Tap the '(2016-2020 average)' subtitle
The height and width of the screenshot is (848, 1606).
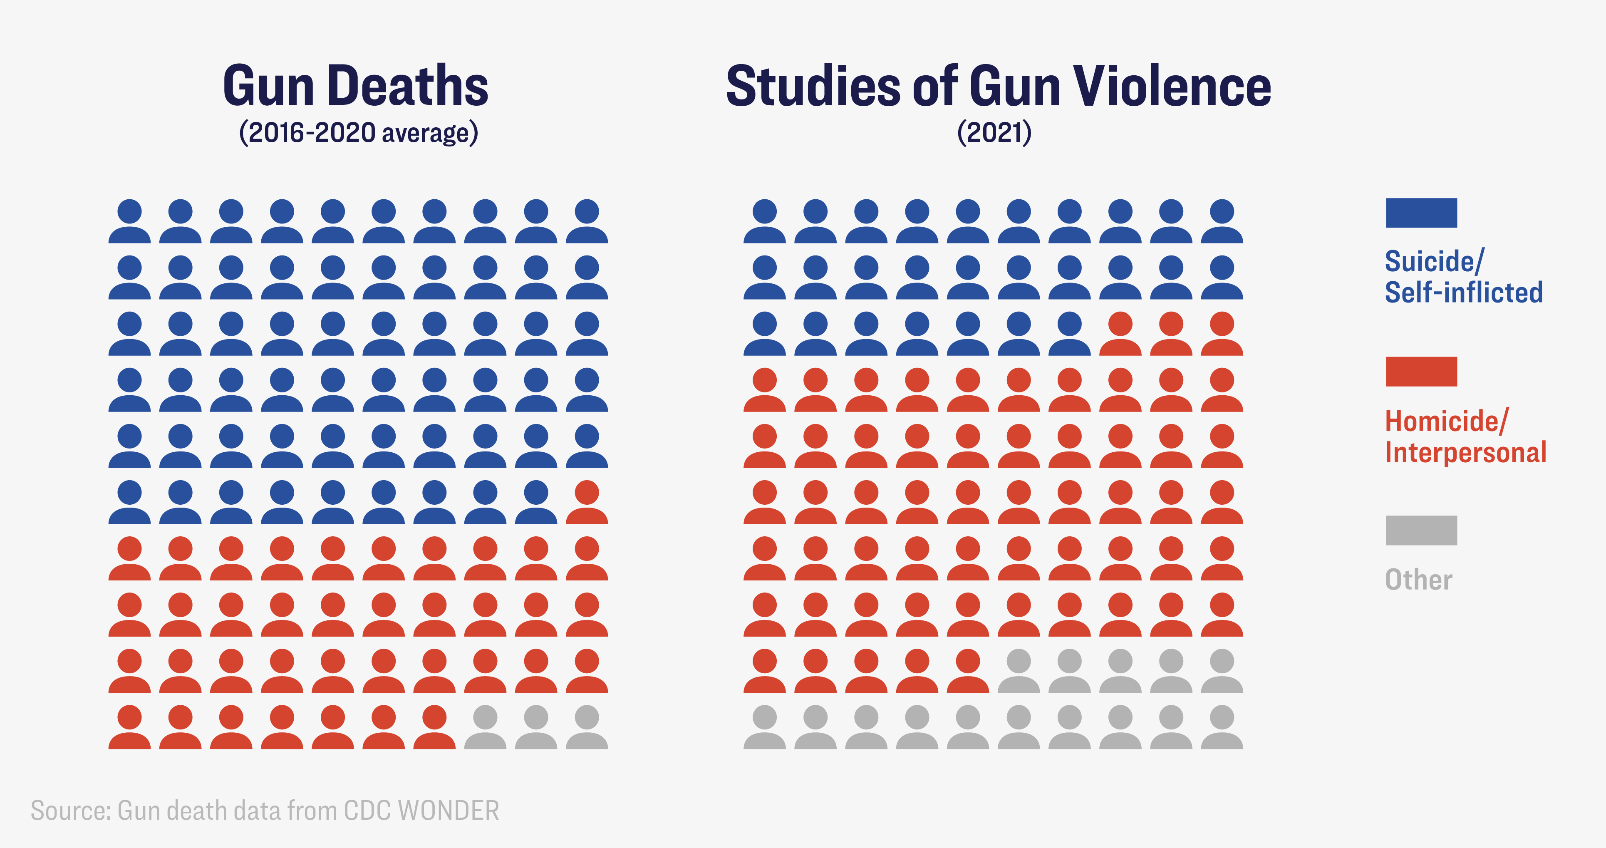pos(359,133)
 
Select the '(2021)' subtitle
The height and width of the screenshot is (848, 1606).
pos(994,133)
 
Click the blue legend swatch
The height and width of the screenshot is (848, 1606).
pos(1421,213)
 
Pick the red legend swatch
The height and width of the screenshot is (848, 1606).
pos(1421,372)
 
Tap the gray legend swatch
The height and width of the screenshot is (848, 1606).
pos(1421,531)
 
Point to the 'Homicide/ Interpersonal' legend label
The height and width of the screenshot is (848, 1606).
pos(1465,436)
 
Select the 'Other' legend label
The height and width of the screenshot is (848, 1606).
pos(1418,580)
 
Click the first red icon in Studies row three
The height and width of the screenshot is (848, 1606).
pos(1120,334)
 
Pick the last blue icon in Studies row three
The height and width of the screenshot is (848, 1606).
pos(1069,334)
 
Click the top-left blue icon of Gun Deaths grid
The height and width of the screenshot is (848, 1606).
pos(130,221)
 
